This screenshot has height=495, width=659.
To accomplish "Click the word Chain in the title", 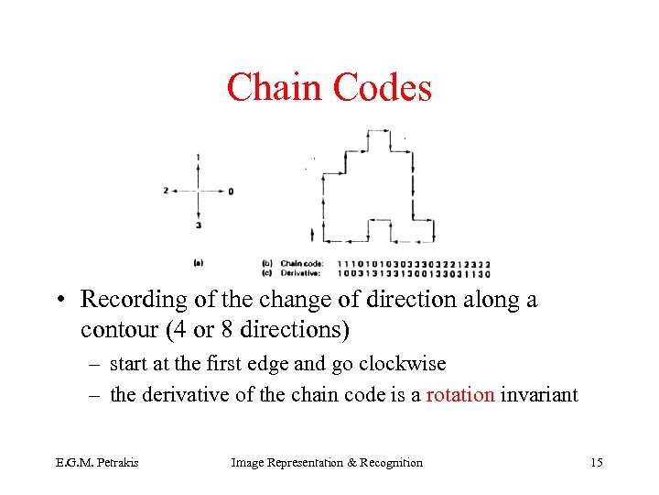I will click(275, 88).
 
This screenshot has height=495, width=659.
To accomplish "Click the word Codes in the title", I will click(382, 88).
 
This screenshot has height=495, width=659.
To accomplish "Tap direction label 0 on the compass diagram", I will click(232, 192).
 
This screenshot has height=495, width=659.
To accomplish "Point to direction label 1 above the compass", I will click(199, 158).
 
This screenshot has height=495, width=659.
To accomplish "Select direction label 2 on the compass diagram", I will click(166, 191).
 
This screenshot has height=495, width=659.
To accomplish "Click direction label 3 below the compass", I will click(199, 225).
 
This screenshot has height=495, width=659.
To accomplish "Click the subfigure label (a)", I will click(199, 263).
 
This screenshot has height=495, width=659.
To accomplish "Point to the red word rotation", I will click(460, 394).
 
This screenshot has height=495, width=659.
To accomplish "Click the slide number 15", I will click(596, 463).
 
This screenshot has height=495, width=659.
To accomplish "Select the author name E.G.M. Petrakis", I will click(108, 463).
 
